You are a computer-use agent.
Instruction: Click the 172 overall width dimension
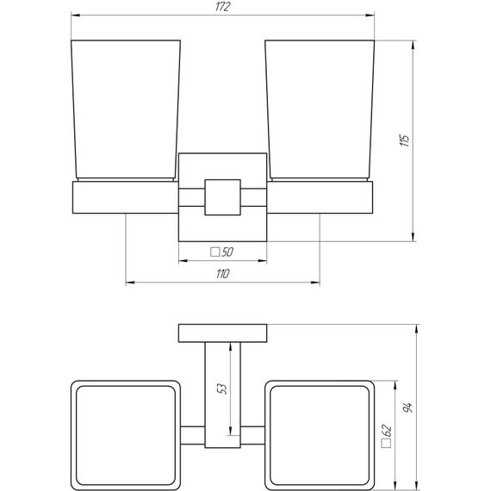[223, 8]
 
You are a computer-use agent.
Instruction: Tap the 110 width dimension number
[222, 273]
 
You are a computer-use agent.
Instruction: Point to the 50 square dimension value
[228, 252]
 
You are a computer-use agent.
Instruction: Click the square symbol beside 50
[214, 252]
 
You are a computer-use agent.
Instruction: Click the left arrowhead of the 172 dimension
[74, 16]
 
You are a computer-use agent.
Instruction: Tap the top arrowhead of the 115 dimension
[416, 42]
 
